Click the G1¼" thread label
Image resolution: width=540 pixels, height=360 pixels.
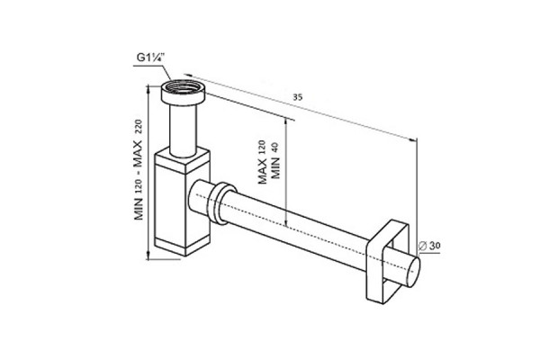[151, 58]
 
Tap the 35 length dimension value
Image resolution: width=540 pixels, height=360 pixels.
[298, 97]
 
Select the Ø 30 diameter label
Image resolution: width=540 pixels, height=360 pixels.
[429, 246]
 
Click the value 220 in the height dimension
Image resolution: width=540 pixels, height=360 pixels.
[138, 127]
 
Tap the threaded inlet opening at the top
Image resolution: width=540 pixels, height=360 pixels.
[183, 85]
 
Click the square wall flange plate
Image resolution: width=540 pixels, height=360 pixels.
[387, 263]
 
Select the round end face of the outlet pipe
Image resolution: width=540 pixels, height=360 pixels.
[414, 272]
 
